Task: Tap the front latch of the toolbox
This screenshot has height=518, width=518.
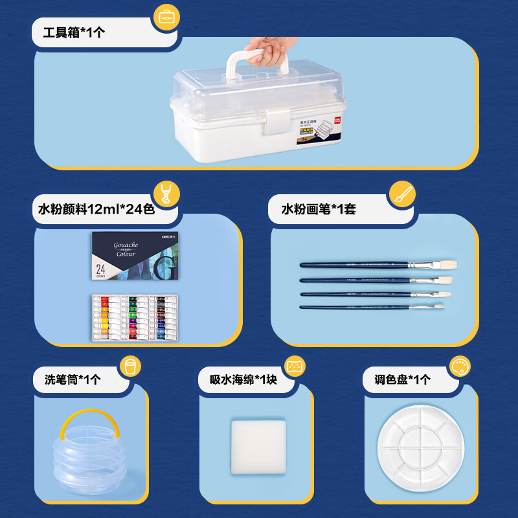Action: (275, 121)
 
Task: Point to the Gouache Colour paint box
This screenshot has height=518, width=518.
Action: (134, 256)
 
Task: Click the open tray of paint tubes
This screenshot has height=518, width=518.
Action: (134, 317)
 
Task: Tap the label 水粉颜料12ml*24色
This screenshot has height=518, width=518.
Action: (96, 208)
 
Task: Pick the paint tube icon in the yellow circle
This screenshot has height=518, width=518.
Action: (166, 194)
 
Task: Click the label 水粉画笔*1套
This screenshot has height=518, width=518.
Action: (319, 208)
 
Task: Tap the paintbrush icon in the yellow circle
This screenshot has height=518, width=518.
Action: (402, 194)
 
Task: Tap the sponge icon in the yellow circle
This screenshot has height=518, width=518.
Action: (295, 365)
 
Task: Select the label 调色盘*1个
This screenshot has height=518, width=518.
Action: (402, 379)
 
